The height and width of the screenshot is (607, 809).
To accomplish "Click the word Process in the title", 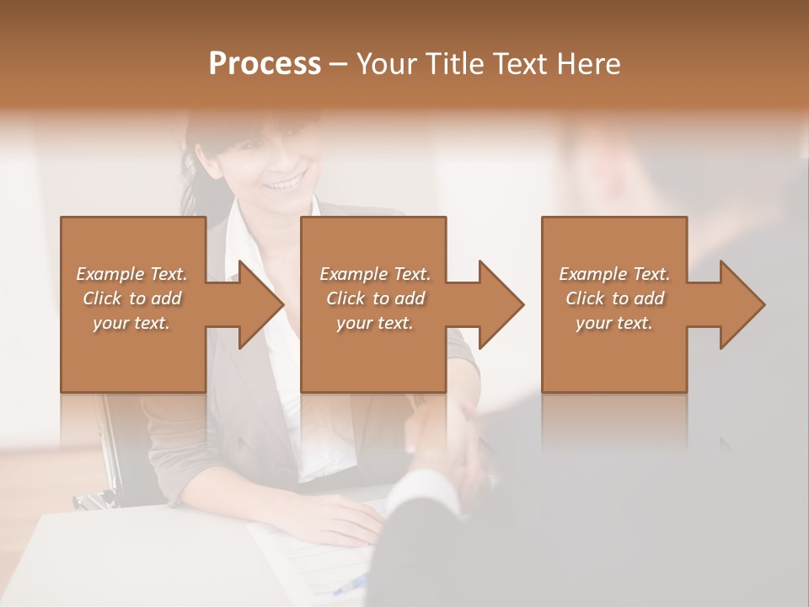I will [x=265, y=64].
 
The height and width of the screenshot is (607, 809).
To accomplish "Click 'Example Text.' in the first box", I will [x=131, y=274].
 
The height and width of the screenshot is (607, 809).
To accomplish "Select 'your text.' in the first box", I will [x=131, y=323].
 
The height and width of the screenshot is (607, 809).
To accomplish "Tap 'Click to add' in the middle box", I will [x=375, y=298].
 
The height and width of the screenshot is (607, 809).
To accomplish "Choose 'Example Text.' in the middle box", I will [x=375, y=274].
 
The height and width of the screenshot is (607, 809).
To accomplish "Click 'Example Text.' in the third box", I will [x=614, y=274].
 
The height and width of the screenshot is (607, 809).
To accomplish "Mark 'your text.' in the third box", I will [x=614, y=323].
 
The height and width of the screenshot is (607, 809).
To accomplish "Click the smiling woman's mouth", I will [x=286, y=181].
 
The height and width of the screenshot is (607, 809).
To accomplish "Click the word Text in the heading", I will [x=512, y=64].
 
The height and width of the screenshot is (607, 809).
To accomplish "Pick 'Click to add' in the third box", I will [x=614, y=298].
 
